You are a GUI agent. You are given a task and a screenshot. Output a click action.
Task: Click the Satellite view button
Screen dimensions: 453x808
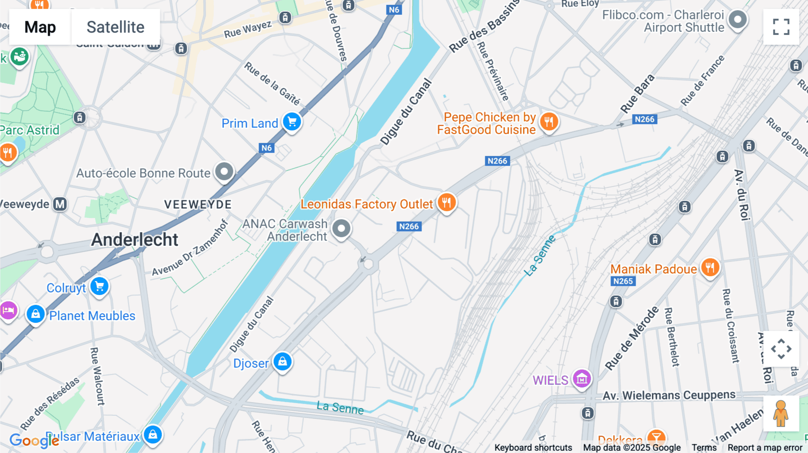115,27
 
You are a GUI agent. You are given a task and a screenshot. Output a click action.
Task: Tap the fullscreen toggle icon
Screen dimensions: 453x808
781,27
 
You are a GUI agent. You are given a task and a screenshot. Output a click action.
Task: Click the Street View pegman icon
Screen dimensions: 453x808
781,413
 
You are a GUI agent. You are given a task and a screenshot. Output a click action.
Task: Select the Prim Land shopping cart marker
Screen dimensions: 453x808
292,122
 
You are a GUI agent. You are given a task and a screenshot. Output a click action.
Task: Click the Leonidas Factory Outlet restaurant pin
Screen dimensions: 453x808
446,203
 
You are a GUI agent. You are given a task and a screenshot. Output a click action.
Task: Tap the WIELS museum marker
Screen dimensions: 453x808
582,379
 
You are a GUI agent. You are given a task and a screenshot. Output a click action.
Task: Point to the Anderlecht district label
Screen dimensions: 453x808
135,240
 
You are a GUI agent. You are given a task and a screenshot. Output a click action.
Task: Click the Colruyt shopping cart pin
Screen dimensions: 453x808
99,286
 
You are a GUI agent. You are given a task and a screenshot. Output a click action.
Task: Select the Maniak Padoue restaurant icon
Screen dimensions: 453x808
710,268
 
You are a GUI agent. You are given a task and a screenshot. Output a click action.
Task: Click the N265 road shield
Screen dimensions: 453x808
623,281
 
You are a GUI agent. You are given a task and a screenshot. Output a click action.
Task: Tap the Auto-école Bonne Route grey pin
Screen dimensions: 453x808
224,171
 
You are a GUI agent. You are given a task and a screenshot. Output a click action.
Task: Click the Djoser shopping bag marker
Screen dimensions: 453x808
282,361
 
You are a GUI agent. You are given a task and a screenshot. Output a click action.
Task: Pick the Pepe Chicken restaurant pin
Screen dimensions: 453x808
549,122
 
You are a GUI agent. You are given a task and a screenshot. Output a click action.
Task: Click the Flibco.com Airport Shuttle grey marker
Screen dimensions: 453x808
738,20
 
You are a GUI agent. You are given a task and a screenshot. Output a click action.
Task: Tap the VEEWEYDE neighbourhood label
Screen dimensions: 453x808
198,205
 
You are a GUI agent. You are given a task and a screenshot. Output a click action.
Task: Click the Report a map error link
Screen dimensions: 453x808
765,447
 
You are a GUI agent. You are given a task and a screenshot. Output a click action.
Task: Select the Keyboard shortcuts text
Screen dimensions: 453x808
533,447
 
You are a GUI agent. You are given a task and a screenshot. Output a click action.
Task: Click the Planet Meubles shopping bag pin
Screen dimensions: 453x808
35,314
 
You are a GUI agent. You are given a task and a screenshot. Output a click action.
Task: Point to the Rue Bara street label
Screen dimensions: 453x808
637,94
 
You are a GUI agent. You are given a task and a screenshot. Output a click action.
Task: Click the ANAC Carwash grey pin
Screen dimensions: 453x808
341,229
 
